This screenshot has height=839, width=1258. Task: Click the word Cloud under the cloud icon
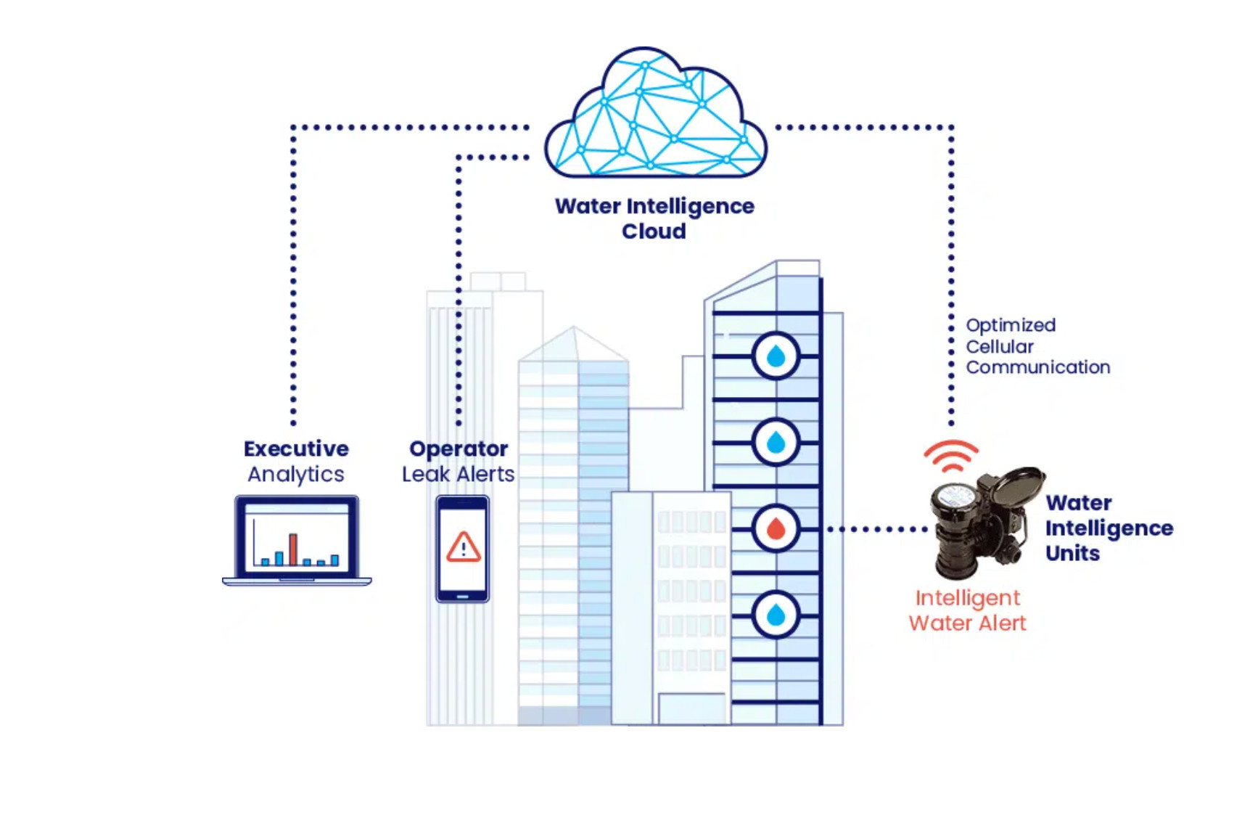(x=654, y=232)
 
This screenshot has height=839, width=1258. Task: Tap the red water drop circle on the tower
(x=776, y=528)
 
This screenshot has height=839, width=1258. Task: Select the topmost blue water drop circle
(x=776, y=356)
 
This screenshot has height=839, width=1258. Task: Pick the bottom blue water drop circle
(x=776, y=615)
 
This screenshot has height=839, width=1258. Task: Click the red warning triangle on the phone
(x=463, y=547)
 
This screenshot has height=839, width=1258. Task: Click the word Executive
(x=296, y=449)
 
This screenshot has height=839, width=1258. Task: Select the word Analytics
(x=296, y=474)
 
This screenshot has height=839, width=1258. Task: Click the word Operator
(x=459, y=449)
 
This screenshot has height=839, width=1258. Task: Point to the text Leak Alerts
(x=459, y=474)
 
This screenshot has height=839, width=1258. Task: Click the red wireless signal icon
(x=951, y=455)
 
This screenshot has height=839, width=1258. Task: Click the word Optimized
(x=1011, y=325)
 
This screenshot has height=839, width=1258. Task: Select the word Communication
(x=1037, y=367)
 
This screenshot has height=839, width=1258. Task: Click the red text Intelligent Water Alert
(x=967, y=610)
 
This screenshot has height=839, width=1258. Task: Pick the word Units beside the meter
(x=1072, y=553)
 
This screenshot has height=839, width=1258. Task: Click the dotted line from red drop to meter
(x=878, y=529)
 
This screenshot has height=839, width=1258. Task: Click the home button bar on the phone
(x=463, y=597)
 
